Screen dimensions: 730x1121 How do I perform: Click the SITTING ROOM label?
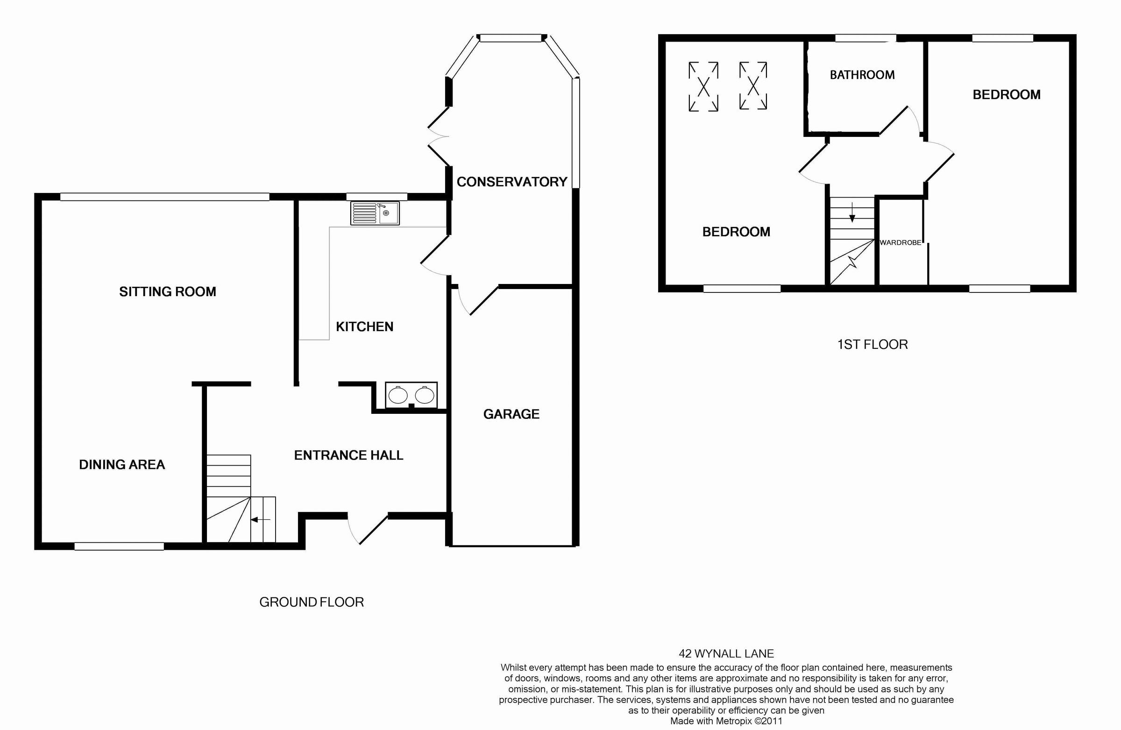point(167,292)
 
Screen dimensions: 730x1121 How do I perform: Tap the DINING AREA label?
point(121,465)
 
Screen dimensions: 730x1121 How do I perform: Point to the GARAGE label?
point(511,414)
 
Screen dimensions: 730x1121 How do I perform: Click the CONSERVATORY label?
point(511,182)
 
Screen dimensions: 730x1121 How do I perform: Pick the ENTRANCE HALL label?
point(348,455)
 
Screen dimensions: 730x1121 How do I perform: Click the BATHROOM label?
point(862,75)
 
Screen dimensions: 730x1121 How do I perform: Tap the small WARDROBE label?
point(900,243)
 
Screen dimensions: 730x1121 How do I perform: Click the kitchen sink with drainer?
point(375,213)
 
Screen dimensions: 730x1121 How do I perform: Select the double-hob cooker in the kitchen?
point(411,395)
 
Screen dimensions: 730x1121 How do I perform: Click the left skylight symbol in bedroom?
point(703,87)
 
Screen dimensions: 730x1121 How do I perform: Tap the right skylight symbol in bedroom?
point(753,86)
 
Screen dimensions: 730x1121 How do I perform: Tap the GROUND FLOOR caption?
point(312,602)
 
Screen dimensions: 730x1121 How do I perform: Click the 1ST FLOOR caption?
point(873,345)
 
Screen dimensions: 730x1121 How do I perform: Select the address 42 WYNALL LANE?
point(726,654)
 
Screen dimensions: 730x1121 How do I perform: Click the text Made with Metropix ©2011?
point(726,721)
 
